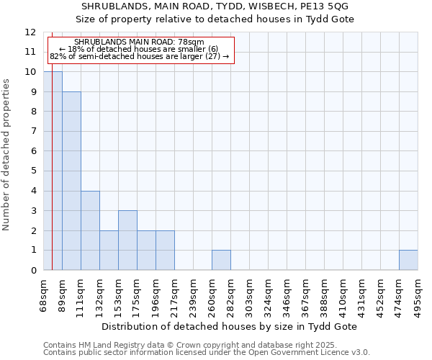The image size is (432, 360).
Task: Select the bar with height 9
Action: [x=71, y=181]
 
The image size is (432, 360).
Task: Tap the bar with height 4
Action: [x=90, y=230]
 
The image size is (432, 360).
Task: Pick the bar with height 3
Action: [x=127, y=240]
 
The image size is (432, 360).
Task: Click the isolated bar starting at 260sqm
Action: [x=221, y=260]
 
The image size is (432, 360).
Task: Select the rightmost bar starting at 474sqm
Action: [x=408, y=260]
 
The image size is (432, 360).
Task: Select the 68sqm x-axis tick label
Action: [x=44, y=294]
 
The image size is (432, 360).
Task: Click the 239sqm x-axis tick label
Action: [x=194, y=294]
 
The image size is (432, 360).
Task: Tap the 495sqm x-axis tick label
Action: [x=418, y=294]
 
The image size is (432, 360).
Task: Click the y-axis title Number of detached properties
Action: [x=7, y=155]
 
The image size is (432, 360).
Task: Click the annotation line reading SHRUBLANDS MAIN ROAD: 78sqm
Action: [x=139, y=42]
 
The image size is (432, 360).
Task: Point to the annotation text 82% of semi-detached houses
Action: [x=139, y=56]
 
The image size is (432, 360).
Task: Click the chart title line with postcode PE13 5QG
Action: [x=216, y=6]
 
